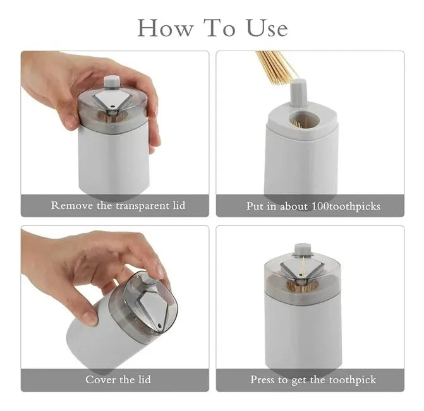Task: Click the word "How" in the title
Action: [165, 28]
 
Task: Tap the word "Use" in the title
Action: [267, 28]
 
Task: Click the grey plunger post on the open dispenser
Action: [298, 93]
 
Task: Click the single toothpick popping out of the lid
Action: [303, 268]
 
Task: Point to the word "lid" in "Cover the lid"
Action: [145, 379]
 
